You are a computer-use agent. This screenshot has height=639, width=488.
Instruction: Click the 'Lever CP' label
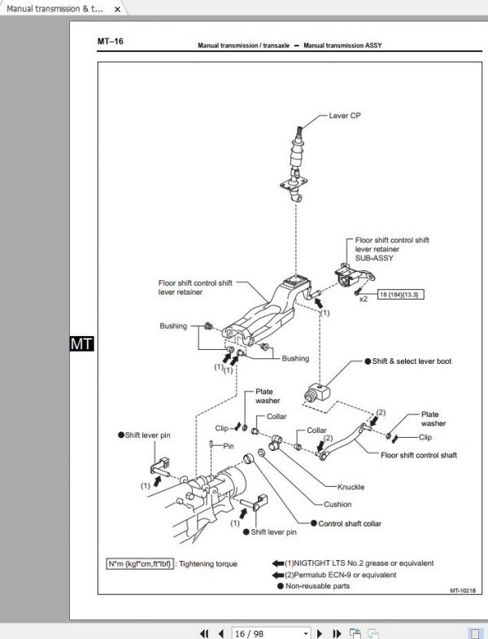click(x=345, y=116)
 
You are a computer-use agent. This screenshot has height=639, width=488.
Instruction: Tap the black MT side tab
click(x=81, y=344)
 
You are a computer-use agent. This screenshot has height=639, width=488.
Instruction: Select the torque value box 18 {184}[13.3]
click(x=403, y=294)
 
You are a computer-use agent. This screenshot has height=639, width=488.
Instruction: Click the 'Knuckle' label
click(x=350, y=487)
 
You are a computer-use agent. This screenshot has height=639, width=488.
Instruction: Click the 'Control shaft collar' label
click(x=350, y=523)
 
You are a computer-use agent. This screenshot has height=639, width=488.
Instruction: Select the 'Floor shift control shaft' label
click(x=418, y=454)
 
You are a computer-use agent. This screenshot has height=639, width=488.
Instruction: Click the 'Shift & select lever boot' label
click(x=412, y=361)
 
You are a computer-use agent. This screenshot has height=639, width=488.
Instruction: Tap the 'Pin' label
click(x=229, y=445)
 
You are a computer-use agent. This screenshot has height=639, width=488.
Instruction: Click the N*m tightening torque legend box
click(x=141, y=562)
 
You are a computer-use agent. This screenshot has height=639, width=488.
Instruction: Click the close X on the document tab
click(x=117, y=9)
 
